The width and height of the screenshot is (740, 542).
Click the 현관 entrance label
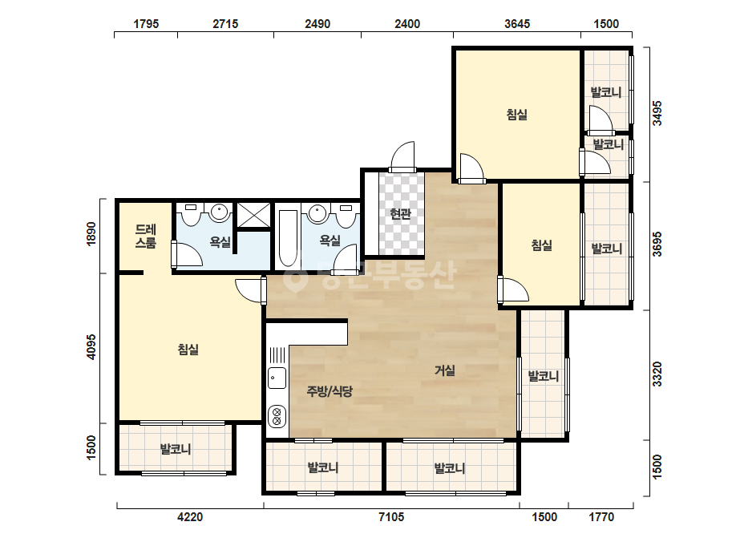tap(400, 214)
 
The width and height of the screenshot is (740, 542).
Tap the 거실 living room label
tap(445, 370)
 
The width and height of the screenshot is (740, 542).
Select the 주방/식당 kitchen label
tap(330, 391)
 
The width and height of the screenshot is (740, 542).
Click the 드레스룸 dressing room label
tap(145, 236)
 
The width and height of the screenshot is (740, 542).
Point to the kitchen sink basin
tap(277, 378)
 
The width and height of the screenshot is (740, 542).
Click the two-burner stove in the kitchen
tap(277, 416)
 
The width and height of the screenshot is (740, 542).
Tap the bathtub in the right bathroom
tap(288, 238)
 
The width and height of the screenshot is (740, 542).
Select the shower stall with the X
tap(253, 216)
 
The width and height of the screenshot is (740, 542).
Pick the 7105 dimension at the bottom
tap(391, 517)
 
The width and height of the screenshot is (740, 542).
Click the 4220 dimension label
tap(190, 517)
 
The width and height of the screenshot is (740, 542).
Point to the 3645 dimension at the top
tap(517, 23)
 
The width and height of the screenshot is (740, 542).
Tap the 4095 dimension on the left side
tap(91, 347)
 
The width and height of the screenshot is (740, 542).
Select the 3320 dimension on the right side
tap(657, 374)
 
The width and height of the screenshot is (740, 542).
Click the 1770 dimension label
tap(600, 517)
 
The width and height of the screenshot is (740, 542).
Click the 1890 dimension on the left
tap(91, 233)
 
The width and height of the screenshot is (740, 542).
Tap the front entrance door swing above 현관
tap(402, 156)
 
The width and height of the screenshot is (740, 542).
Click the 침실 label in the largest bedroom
tap(188, 350)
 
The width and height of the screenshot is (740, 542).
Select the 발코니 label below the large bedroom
tap(175, 448)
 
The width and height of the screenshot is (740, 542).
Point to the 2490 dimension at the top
tap(317, 23)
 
